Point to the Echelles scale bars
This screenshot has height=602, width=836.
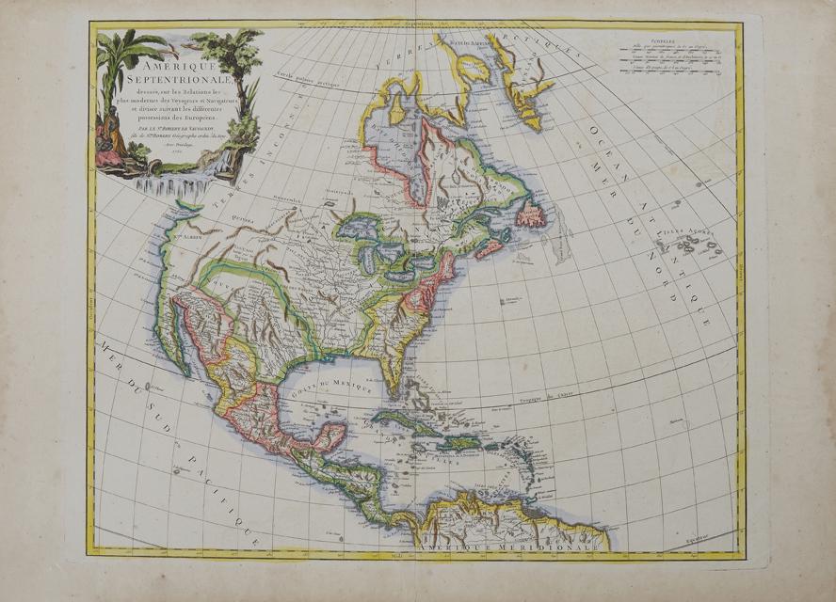[x=671, y=59]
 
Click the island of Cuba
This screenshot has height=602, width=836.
[x=406, y=420]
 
